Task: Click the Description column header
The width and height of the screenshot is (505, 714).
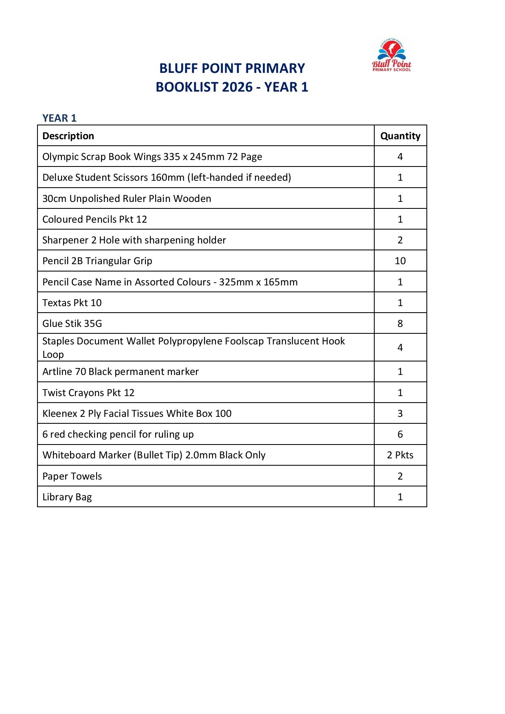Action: point(68,136)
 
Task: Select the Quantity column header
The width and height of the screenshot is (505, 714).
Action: point(400,136)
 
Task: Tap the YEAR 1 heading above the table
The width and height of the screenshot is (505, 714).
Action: point(59,118)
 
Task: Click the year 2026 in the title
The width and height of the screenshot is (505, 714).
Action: point(237,87)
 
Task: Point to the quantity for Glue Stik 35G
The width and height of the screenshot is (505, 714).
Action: point(400,324)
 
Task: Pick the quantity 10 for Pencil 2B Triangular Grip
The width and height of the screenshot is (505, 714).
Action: point(400,261)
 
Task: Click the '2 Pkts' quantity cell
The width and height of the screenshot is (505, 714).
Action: point(400,455)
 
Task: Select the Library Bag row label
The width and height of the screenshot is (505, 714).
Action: point(67,497)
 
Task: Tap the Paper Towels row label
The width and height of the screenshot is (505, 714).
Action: point(72,476)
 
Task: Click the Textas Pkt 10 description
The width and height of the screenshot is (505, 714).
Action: point(72,303)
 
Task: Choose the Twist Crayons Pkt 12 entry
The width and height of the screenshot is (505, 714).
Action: point(88,393)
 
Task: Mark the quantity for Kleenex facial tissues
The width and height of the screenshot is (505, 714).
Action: point(400,414)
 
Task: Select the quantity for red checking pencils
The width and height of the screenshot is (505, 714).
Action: point(400,434)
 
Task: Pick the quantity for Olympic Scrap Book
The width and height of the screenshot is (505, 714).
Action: point(400,157)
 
